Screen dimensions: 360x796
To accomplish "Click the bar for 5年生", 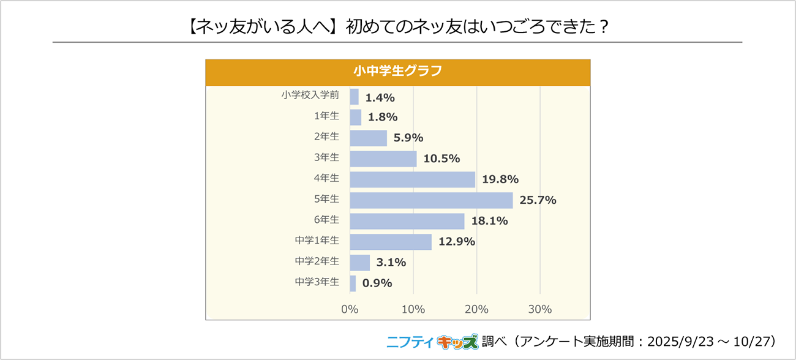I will coord(431,200).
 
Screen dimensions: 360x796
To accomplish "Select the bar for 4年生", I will coord(412,179).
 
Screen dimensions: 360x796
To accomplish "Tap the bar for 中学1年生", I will coord(391,242).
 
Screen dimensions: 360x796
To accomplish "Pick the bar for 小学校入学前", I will coord(354,97).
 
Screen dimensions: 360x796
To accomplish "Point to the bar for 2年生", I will coord(368,138).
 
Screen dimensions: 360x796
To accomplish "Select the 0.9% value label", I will coord(377,283).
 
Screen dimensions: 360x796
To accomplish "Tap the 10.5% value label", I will coord(441,159).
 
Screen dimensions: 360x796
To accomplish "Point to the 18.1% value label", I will coord(489,221).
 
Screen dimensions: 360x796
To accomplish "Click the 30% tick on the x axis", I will coord(540,309).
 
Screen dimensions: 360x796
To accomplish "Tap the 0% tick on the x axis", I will coord(350,309).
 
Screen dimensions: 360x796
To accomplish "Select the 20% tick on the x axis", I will coord(476,309).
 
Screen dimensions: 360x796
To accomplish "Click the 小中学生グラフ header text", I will coord(397,70).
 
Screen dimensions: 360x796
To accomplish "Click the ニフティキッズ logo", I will coord(432,341).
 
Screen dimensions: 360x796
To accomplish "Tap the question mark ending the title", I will coord(604,28).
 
